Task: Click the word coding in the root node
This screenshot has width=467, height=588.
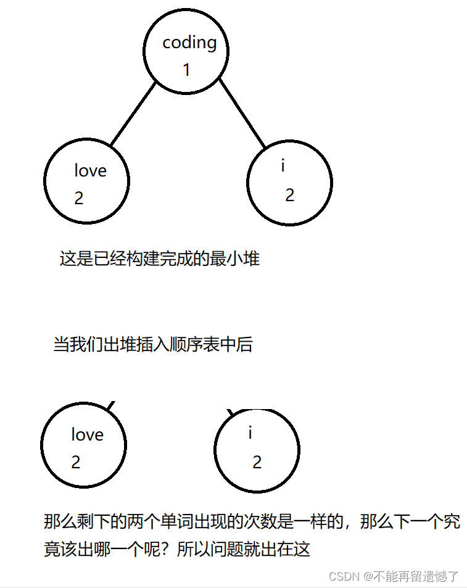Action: (x=189, y=43)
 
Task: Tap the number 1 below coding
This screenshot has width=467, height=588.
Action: (x=186, y=70)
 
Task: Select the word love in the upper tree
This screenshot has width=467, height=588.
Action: (x=90, y=170)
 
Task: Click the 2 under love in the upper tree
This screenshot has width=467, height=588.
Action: (x=78, y=198)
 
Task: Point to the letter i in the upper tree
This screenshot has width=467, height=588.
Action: (x=283, y=165)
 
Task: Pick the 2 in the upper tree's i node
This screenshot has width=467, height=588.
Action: (x=289, y=195)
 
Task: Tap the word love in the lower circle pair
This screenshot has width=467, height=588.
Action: (x=87, y=434)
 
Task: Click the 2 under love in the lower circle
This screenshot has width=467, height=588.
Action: (x=76, y=462)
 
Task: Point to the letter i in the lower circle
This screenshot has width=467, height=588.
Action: (x=250, y=433)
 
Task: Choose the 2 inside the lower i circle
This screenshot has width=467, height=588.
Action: (x=257, y=462)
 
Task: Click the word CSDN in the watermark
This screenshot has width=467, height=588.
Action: (x=344, y=576)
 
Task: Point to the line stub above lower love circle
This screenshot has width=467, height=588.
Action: (x=111, y=406)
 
